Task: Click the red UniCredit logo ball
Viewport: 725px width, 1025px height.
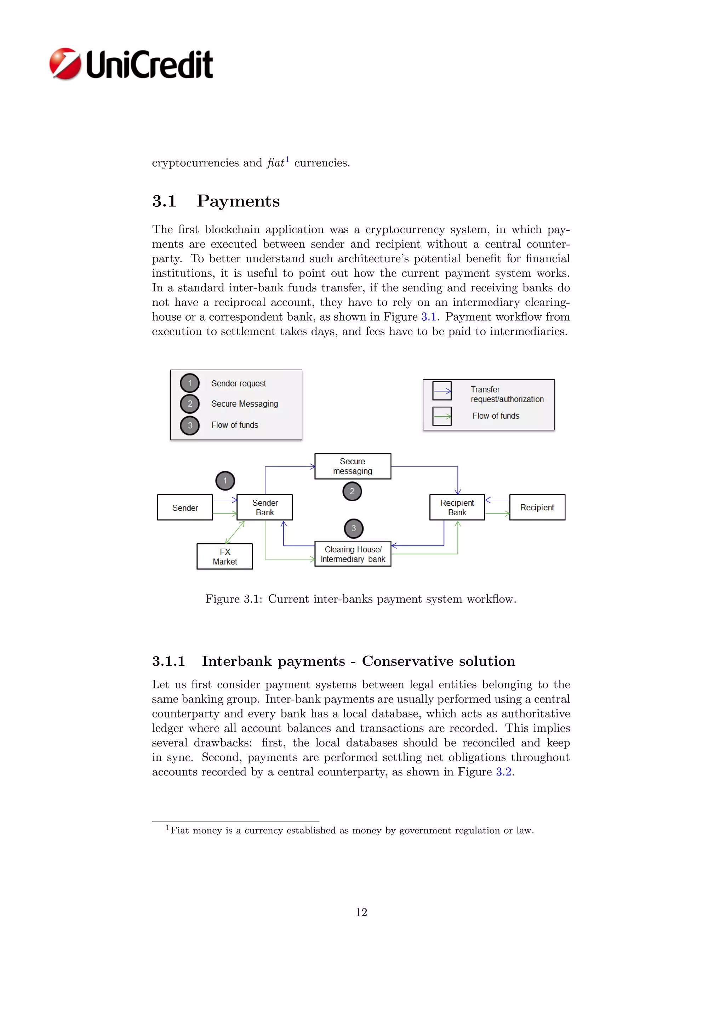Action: [65, 64]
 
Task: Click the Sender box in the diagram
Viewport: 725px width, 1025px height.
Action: [185, 508]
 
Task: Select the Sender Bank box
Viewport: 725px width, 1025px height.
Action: [265, 508]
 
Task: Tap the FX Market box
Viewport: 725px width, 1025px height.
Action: [224, 557]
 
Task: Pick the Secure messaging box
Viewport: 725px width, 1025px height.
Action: [353, 466]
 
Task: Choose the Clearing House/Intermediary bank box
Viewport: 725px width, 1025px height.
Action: [353, 554]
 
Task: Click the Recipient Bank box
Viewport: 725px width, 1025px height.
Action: [457, 508]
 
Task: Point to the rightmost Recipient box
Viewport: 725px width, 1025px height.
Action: [537, 508]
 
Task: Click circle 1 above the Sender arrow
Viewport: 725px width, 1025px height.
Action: [225, 481]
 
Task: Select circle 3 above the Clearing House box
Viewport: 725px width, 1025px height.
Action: [354, 528]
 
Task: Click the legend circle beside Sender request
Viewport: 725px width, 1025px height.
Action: [190, 383]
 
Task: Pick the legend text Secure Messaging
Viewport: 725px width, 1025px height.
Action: [244, 404]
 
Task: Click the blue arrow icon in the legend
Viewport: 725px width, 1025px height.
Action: [442, 391]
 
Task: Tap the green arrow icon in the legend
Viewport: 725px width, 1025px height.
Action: [442, 417]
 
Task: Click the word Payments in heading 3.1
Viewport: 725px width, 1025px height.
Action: [238, 201]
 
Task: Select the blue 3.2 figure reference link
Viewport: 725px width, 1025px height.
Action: [504, 772]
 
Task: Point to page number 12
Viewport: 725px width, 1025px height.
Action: [361, 912]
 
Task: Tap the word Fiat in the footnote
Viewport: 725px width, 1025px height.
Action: [180, 830]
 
